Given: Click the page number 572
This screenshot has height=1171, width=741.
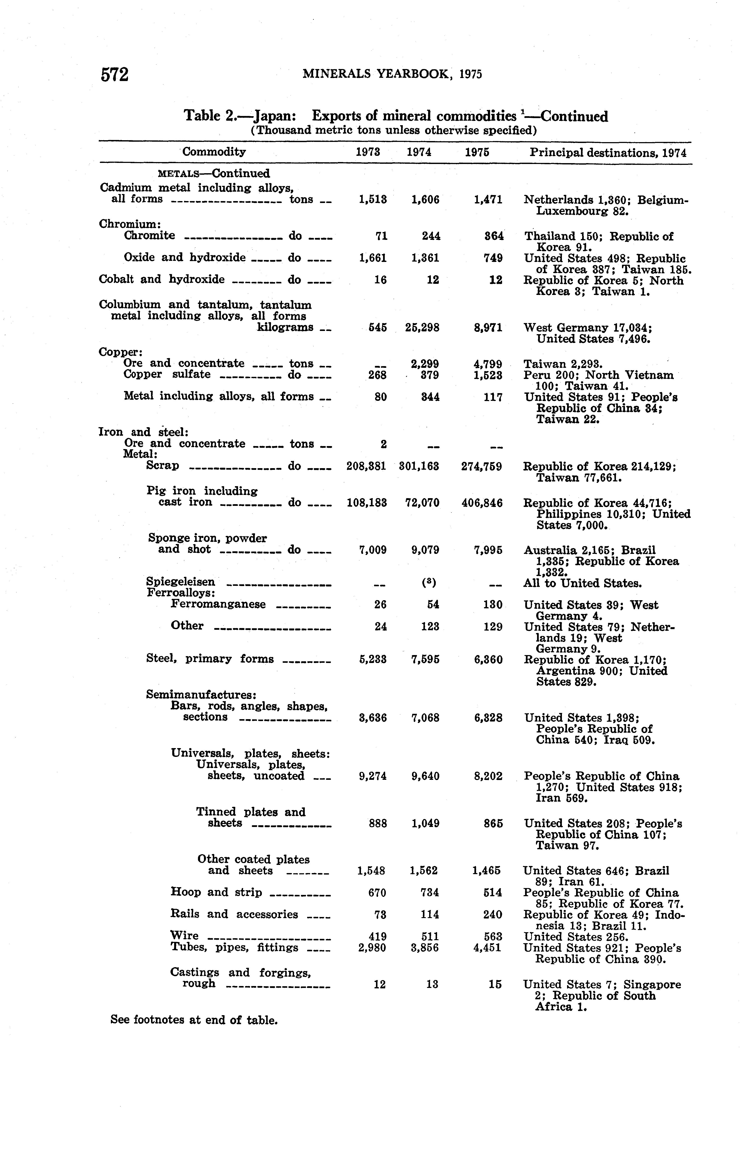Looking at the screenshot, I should pyautogui.click(x=115, y=74).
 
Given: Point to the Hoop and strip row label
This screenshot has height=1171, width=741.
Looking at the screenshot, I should pyautogui.click(x=217, y=892).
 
